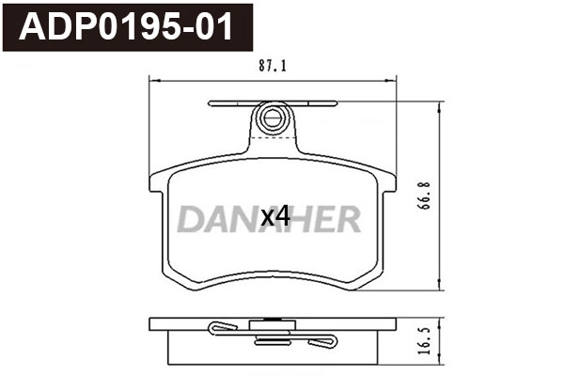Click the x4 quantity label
click(x=274, y=218)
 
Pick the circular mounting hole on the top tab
click(x=273, y=119)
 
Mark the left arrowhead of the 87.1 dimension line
click(x=153, y=81)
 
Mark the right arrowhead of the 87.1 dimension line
click(x=396, y=81)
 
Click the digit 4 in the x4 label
click(x=281, y=218)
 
